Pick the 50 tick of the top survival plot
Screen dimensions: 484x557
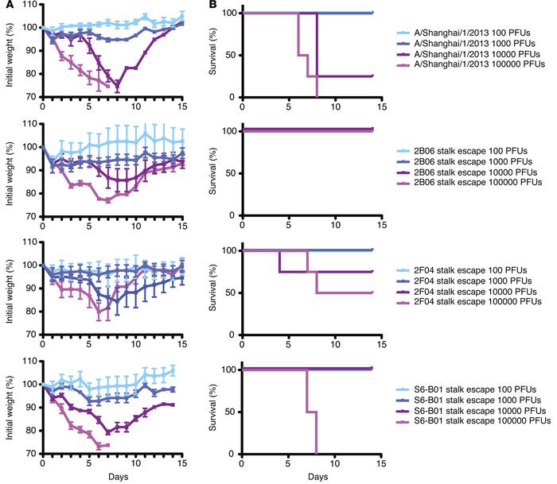233,55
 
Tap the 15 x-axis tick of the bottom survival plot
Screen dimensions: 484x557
380,463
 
